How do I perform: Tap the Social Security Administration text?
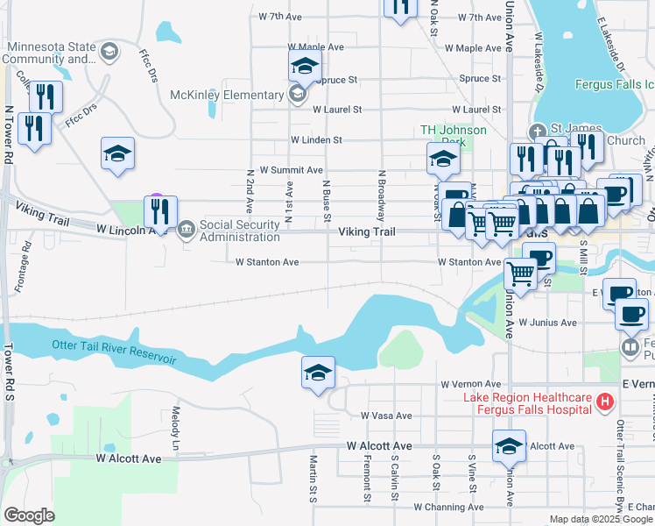click(x=240, y=231)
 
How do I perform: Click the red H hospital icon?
click(x=603, y=402)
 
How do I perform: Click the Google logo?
click(x=29, y=515)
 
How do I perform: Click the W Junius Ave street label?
click(x=547, y=323)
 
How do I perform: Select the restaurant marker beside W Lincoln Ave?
click(x=160, y=211)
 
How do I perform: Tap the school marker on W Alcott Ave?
click(x=509, y=446)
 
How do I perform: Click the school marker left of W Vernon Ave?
click(x=318, y=373)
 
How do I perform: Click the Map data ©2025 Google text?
click(x=601, y=519)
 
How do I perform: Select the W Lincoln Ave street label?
click(x=131, y=231)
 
